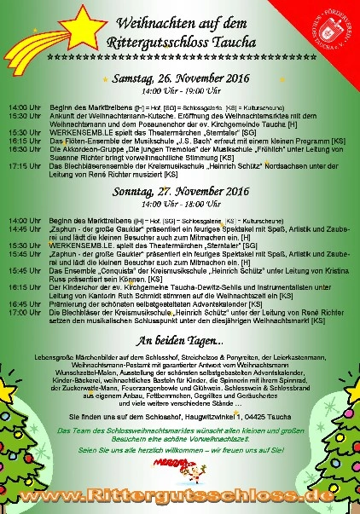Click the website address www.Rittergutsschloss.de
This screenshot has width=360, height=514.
179,497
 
